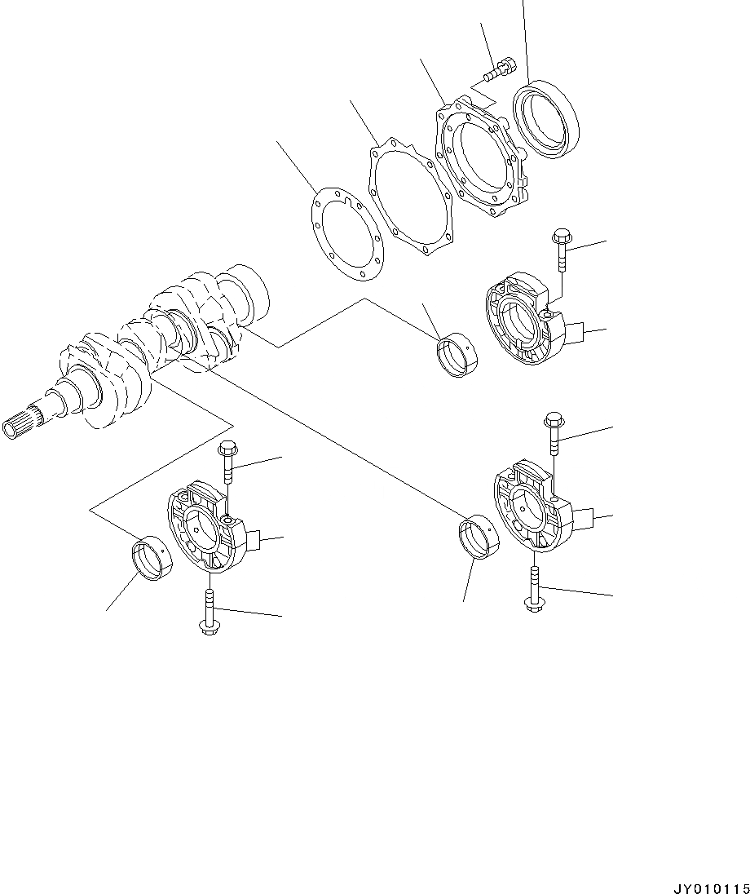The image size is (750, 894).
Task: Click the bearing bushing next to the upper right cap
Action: pyautogui.click(x=458, y=356)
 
